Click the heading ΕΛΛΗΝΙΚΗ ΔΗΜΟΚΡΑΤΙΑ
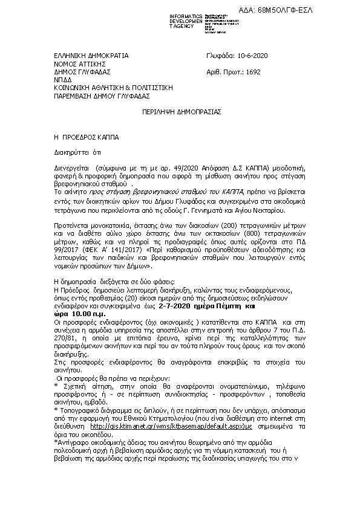point(91,56)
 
